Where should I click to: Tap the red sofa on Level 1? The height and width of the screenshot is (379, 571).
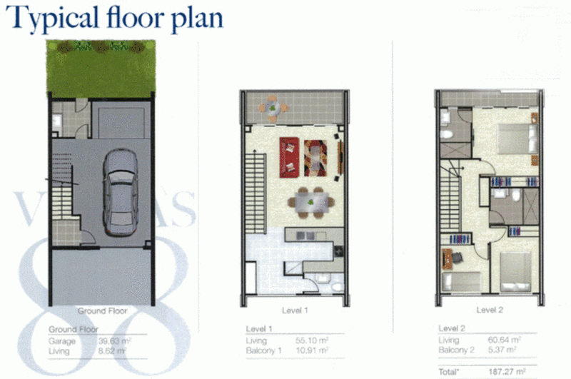pos(290,156)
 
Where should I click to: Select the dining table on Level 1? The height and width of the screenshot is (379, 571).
pos(310,201)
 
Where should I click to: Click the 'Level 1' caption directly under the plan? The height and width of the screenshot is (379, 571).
pos(293,310)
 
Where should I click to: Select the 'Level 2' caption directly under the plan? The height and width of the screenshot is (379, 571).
pos(490,310)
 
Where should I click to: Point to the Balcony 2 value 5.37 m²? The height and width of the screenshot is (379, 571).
pos(505,350)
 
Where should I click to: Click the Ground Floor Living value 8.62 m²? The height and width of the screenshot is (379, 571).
pos(113,351)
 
